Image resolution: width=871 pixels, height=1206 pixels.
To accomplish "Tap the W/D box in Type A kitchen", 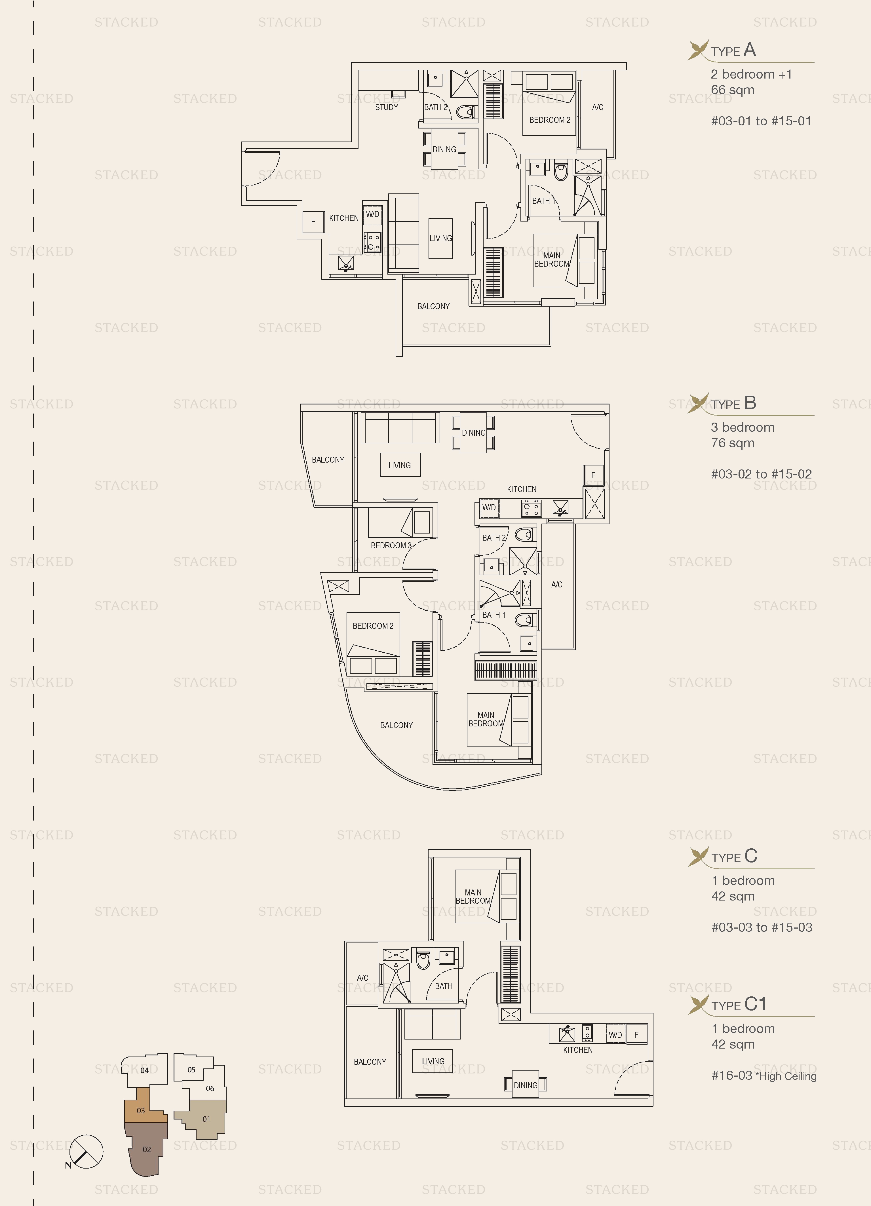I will tap(372, 214).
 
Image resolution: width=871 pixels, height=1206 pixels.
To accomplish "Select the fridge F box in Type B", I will tap(593, 475).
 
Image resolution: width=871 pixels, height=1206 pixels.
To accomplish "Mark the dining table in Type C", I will tap(525, 1085).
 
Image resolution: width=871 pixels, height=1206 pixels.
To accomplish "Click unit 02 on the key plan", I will tap(146, 1149).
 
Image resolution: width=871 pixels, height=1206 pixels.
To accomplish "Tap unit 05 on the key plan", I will tap(191, 1069).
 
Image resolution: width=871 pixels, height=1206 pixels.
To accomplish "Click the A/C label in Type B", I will tap(557, 584).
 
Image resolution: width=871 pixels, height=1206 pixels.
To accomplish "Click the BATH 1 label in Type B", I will tap(494, 615).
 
